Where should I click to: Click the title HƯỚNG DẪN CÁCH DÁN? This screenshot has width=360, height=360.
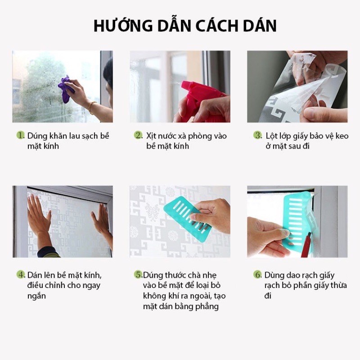(185, 26)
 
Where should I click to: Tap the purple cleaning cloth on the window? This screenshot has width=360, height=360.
(66, 89)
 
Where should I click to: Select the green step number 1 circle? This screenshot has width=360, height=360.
(20, 135)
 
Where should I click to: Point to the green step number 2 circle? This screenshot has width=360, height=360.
(139, 135)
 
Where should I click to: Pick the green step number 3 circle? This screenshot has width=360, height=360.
(258, 135)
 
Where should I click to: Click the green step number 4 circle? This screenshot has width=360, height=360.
(21, 274)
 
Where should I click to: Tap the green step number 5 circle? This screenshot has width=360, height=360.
(139, 274)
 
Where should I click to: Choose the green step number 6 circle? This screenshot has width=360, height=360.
(257, 274)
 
